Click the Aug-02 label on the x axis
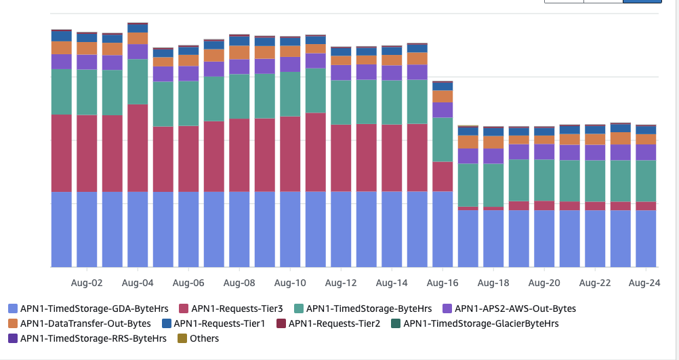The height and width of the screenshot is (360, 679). (87, 283)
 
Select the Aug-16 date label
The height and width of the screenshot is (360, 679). (443, 283)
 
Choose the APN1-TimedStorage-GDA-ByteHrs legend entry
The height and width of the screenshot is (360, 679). (87, 308)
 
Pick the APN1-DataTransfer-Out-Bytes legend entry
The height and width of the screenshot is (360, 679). (79, 323)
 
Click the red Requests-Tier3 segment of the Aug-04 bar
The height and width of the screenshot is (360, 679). (138, 148)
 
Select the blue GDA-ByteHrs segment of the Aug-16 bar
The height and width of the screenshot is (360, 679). (443, 229)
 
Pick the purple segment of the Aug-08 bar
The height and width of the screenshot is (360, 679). (239, 66)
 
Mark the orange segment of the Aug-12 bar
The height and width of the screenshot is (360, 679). (341, 60)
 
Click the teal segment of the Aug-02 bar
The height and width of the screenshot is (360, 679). (87, 92)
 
